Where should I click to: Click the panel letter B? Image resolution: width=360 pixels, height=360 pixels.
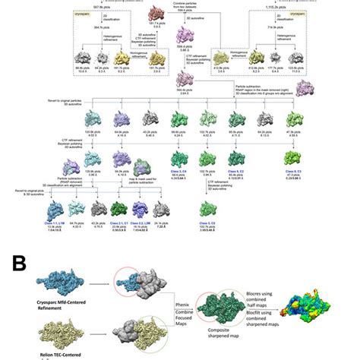[19, 263]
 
